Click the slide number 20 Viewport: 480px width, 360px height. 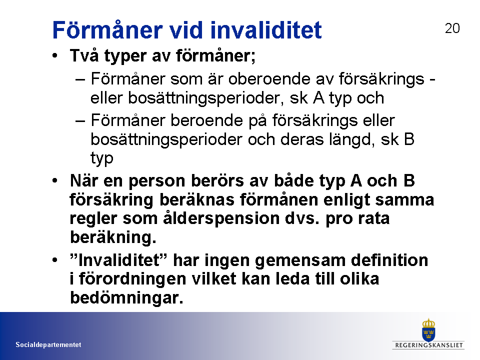tap(452, 28)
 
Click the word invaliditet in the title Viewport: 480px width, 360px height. tap(265, 30)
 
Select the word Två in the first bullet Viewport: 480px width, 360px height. tap(84, 55)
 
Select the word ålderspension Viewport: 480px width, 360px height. tap(221, 218)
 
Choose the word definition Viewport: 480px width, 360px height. tap(389, 260)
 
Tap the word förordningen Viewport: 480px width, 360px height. tap(132, 279)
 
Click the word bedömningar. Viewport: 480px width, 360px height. tap(126, 297)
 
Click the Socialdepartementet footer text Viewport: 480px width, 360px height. tap(48, 344)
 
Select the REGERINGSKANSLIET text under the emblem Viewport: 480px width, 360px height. tap(429, 345)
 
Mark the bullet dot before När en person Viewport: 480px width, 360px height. tap(55, 180)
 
